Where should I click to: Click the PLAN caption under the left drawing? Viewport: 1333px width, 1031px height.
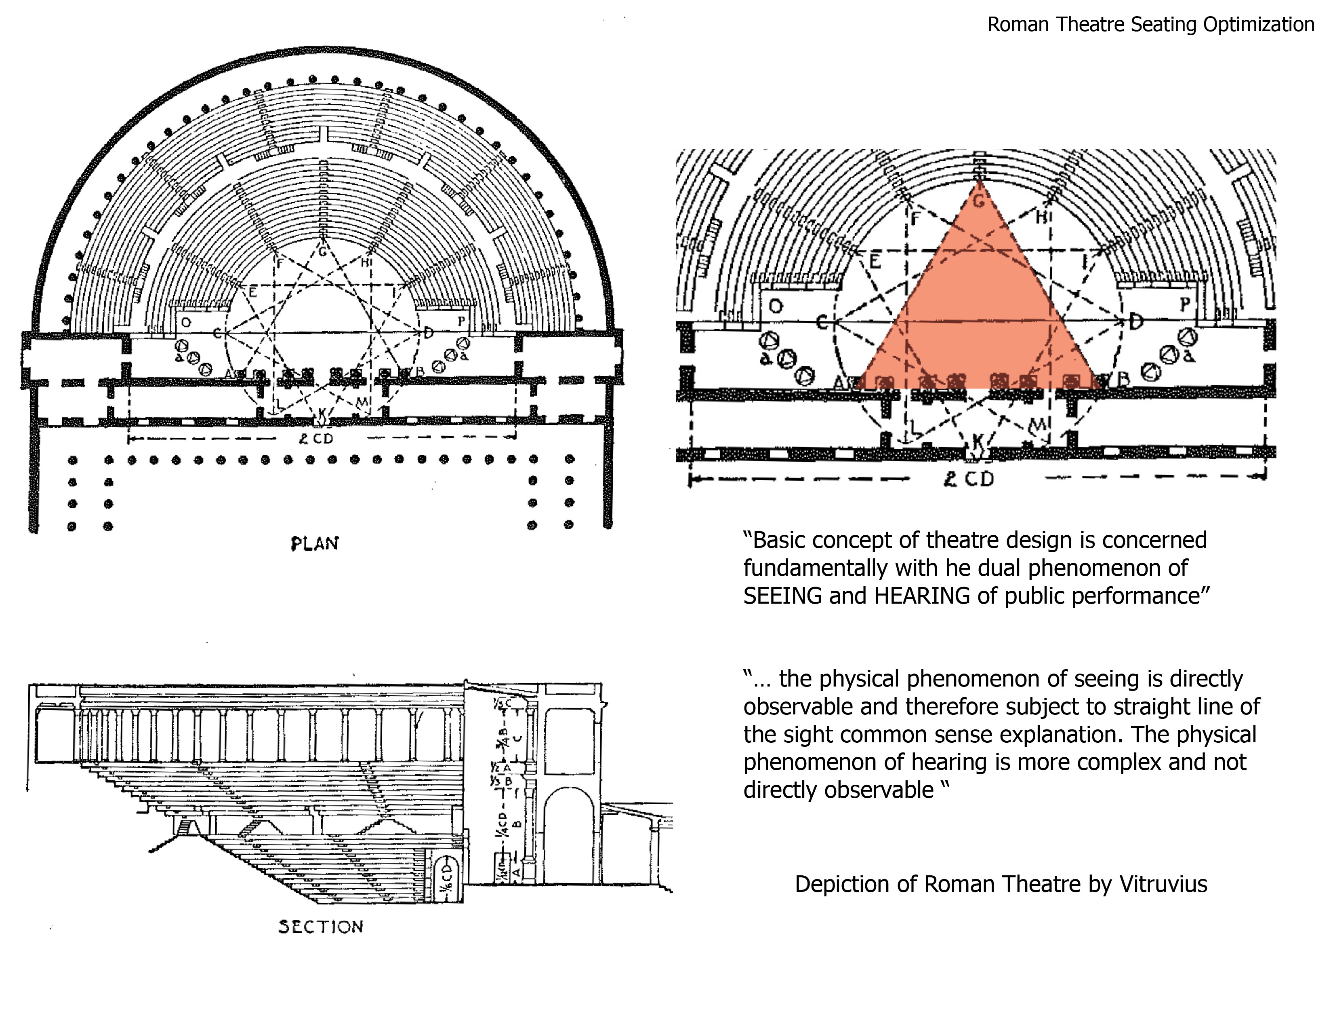click(x=314, y=543)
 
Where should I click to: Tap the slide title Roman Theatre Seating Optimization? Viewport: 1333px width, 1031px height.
click(x=1150, y=24)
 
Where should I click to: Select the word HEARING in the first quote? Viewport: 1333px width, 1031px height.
click(x=922, y=596)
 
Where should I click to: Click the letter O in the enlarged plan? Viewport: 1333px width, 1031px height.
click(x=775, y=305)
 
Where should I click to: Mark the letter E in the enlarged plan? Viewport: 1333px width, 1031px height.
click(x=874, y=262)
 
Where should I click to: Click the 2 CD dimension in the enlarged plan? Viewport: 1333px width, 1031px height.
click(x=969, y=479)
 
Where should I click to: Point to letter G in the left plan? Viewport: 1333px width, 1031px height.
click(x=322, y=250)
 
